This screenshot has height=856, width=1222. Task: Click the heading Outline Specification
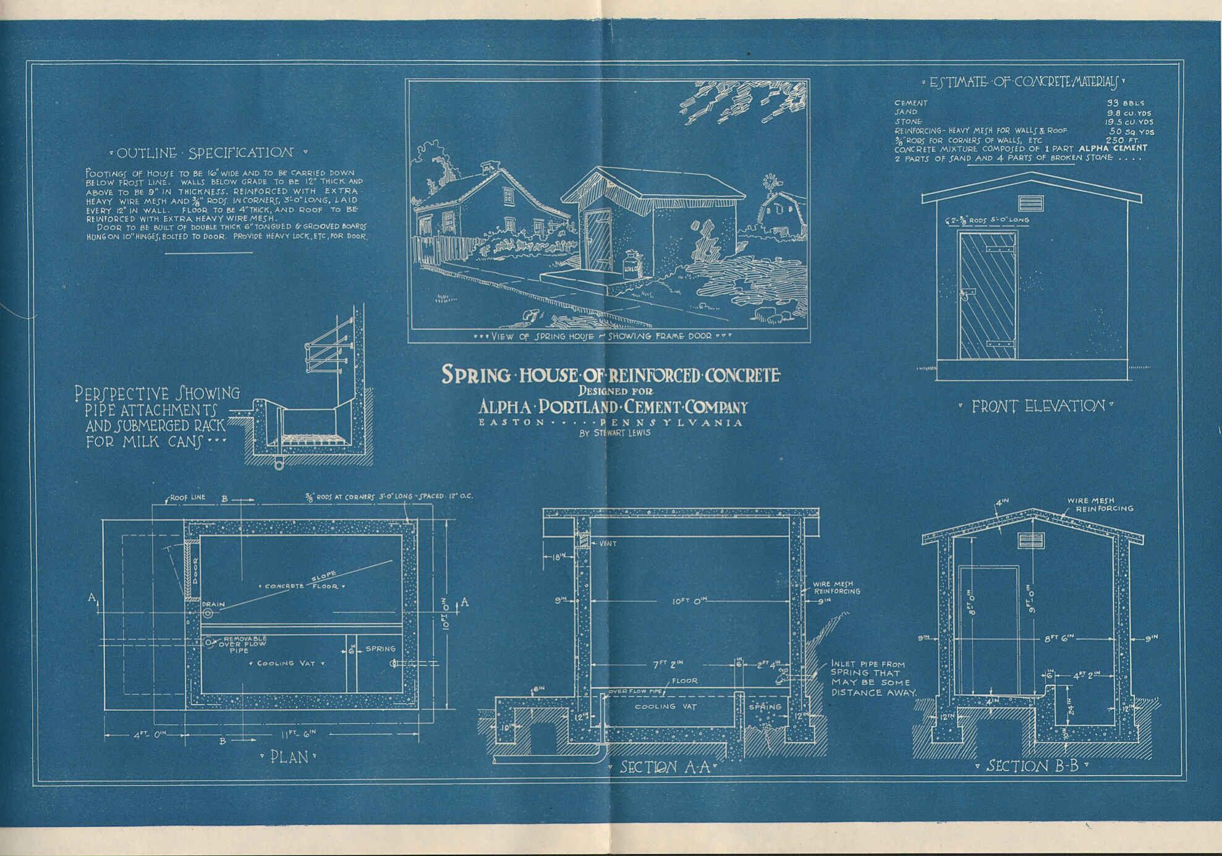208,153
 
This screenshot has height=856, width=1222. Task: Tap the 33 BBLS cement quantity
1125,103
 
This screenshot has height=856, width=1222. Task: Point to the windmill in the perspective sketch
770,183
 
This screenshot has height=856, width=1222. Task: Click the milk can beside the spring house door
631,265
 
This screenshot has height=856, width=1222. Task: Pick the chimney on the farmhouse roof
490,167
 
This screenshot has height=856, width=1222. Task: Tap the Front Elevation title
1035,406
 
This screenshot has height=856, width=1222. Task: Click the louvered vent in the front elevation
1030,203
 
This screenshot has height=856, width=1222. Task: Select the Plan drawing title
289,757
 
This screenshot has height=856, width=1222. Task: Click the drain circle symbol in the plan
208,613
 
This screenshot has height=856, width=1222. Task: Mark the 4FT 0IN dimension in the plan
146,735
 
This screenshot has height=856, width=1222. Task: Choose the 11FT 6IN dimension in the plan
299,734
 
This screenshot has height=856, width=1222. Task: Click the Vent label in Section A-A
608,544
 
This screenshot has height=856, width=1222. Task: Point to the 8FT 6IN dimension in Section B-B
1059,638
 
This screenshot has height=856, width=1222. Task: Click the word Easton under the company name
512,422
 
